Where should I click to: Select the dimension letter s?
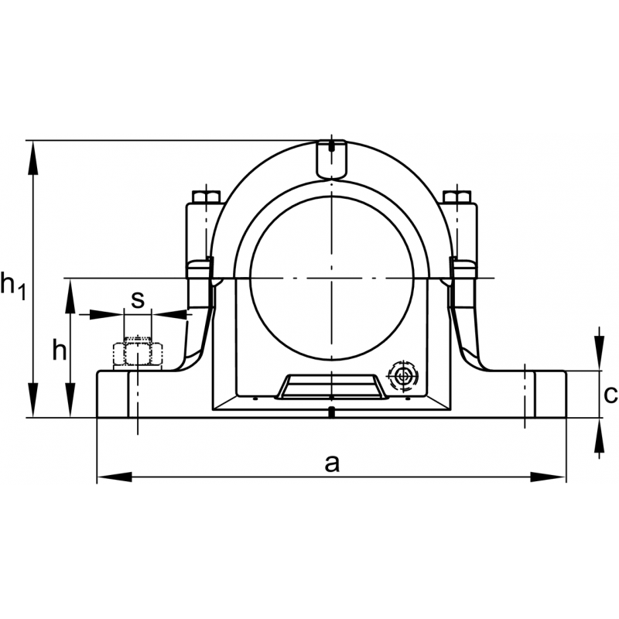(137, 300)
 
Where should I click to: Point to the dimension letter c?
(610, 395)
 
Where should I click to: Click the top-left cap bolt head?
(205, 196)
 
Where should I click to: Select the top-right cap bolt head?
(457, 196)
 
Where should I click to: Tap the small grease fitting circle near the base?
(402, 377)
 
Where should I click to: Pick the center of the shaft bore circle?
(331, 277)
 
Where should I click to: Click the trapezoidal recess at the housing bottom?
(331, 385)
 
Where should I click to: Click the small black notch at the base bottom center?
(331, 412)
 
